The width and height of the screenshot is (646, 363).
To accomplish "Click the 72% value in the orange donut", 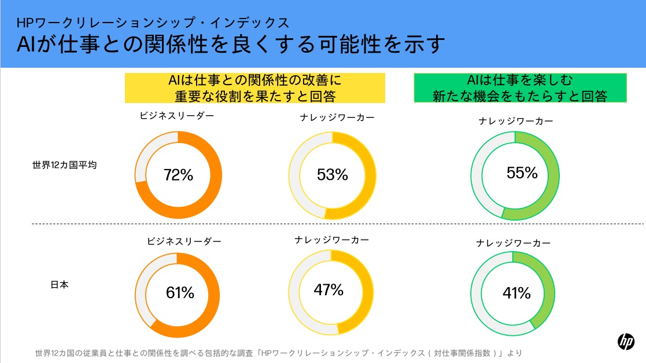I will (x=178, y=175).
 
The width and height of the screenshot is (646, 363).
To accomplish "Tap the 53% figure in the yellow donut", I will (x=333, y=174).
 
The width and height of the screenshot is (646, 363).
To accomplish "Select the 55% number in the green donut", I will (x=522, y=173).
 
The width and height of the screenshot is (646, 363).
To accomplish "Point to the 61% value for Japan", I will (x=180, y=293).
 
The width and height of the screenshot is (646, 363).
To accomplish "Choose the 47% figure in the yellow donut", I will (x=328, y=289).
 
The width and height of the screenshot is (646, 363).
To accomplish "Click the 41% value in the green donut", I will (x=516, y=294).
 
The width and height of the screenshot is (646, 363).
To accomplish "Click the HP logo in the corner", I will (x=626, y=342).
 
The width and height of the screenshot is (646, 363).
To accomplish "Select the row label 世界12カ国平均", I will (x=64, y=165).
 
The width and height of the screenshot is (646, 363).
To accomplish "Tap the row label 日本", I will (x=60, y=285).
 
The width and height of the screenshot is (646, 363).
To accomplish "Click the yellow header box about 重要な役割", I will (x=255, y=88).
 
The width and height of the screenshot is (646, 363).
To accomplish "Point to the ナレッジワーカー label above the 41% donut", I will (x=514, y=243).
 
